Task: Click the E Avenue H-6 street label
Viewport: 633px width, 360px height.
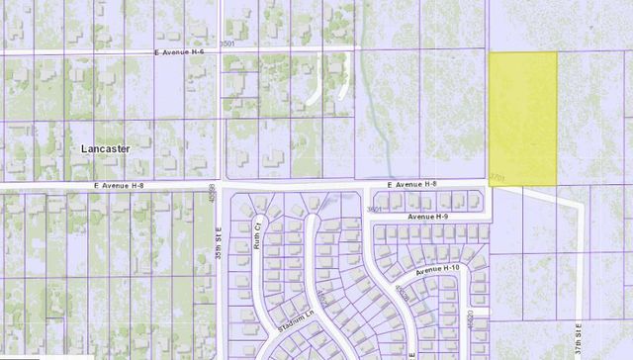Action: point(180,53)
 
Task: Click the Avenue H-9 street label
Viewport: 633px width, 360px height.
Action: point(427,216)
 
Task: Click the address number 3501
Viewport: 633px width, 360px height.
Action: point(227,44)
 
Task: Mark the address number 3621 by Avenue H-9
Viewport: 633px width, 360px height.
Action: point(374,210)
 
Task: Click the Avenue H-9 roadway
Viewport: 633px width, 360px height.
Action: point(435,224)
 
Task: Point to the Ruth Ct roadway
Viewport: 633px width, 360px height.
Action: point(261,267)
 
